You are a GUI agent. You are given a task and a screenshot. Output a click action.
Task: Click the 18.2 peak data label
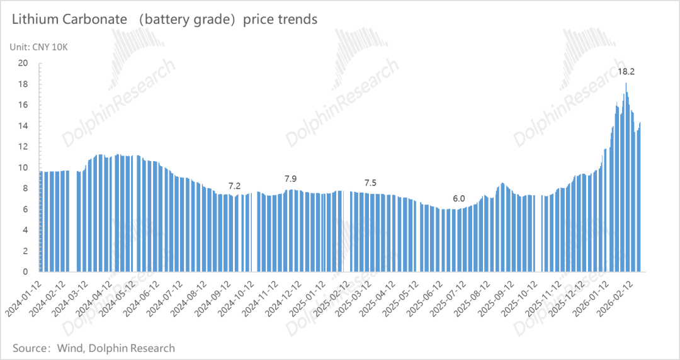(626, 72)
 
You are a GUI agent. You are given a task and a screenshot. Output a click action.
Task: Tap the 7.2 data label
(234, 186)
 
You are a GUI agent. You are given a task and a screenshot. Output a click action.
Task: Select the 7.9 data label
(291, 179)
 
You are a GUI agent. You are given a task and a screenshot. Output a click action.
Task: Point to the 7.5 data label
(371, 183)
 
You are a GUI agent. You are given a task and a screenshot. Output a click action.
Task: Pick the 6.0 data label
(458, 199)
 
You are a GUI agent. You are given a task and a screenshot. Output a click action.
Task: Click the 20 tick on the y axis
(23, 63)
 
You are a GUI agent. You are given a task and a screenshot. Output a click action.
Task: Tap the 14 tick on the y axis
(23, 126)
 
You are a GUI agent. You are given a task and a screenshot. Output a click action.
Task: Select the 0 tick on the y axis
(26, 272)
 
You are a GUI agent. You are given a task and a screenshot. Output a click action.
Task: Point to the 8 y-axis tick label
(26, 188)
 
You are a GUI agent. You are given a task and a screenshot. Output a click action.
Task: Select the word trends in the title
(296, 20)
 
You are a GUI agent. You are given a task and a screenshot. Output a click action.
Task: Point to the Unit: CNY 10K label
(38, 47)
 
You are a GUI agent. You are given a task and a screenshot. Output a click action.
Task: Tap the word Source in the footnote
(31, 348)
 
